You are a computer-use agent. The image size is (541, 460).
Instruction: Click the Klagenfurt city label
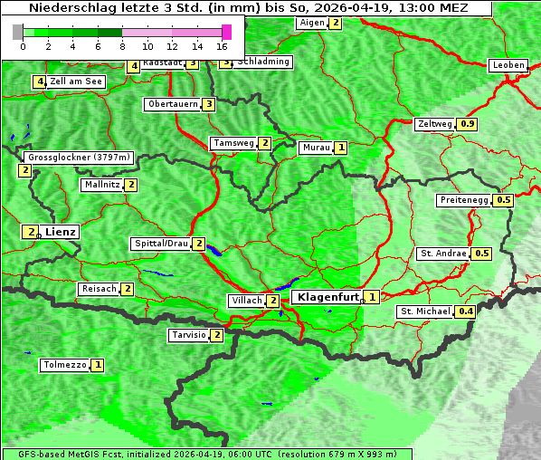(326, 297)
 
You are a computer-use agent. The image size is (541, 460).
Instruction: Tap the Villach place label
(246, 301)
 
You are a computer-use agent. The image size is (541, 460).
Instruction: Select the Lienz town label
(61, 233)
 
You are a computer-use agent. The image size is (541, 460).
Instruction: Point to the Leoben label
(508, 65)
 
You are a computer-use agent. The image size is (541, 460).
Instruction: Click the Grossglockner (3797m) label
(79, 158)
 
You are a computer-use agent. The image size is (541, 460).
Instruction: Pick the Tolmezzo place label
(64, 366)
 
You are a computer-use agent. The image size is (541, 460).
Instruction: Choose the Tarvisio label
(189, 335)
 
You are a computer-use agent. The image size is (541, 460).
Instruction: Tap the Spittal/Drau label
(161, 244)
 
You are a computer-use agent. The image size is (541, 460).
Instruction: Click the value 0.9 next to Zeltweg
(468, 124)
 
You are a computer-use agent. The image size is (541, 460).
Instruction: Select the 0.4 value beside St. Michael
(466, 312)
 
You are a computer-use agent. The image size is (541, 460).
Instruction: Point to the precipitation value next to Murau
(340, 148)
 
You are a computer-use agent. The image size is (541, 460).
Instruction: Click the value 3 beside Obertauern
(208, 104)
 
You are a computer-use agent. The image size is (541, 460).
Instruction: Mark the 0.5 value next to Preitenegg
(504, 200)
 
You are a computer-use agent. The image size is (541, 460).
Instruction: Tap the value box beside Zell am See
(40, 82)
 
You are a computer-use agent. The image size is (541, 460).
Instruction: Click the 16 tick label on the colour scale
(222, 45)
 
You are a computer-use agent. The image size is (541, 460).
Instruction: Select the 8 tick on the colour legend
(122, 45)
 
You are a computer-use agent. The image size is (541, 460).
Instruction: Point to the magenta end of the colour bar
(226, 32)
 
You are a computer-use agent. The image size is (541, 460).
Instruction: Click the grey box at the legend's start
(18, 32)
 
